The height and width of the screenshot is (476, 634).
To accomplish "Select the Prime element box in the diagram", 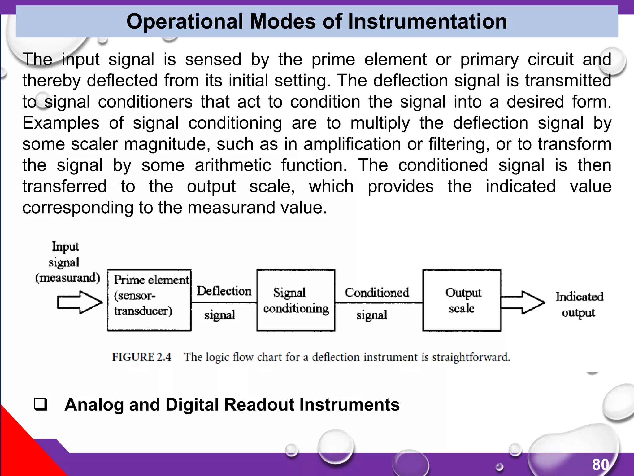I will [x=149, y=300].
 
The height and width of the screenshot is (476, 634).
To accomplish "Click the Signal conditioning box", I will [x=296, y=300].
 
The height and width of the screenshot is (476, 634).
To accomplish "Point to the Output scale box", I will [x=462, y=300].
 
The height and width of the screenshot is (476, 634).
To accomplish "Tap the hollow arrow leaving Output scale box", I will [x=523, y=302].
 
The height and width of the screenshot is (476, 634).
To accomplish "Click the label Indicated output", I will [x=579, y=304].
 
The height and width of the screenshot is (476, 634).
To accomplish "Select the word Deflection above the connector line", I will [x=224, y=291].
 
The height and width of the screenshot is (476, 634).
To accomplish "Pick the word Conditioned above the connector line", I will [x=377, y=292].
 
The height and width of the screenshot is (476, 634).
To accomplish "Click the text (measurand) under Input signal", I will [x=68, y=278].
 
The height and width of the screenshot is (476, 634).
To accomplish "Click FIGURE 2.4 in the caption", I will [x=141, y=357].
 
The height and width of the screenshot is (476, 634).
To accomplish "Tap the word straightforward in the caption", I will [x=471, y=357].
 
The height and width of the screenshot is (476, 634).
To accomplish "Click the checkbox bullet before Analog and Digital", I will [x=41, y=404].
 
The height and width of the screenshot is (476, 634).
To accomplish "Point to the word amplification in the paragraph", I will [x=352, y=144].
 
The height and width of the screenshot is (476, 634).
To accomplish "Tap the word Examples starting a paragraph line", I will [x=61, y=123].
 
